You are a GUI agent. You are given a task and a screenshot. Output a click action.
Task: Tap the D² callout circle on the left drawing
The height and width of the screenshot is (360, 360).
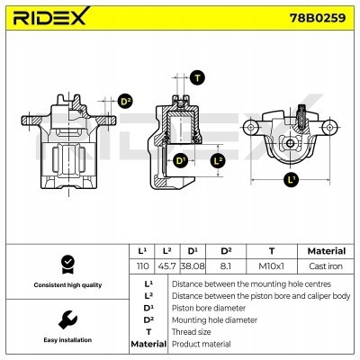[125, 101]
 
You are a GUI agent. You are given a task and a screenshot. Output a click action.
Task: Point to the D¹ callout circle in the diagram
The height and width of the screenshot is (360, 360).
[180, 160]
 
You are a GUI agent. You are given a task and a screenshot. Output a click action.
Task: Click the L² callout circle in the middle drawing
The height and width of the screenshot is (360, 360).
[217, 160]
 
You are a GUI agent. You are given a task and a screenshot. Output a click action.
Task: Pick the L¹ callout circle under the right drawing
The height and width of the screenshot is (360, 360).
[291, 180]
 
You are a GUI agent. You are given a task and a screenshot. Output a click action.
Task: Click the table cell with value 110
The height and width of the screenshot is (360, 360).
[141, 267]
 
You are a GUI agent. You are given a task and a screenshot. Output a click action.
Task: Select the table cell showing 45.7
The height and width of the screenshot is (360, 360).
[167, 267]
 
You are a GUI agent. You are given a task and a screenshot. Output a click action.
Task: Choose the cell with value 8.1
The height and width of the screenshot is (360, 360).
[226, 267]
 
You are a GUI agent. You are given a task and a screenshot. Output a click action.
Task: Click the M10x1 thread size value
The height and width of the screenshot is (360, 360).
[271, 267]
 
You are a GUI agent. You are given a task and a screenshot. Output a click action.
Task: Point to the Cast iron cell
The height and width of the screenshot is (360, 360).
[326, 267]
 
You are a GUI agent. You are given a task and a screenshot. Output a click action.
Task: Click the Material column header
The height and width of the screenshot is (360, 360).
[326, 251]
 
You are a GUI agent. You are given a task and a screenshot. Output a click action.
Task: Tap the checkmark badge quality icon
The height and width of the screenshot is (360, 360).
[65, 265]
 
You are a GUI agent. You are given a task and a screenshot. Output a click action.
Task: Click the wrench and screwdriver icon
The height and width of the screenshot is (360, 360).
[65, 319]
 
